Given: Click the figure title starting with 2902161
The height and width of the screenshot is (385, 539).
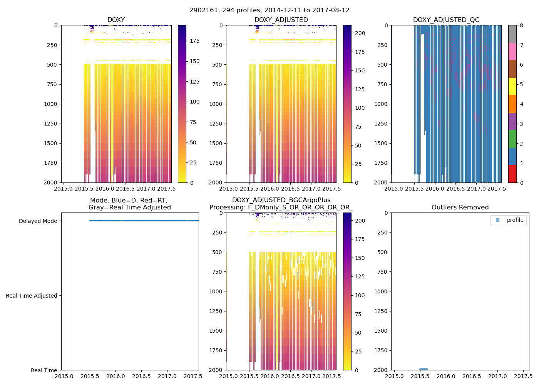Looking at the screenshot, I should pos(269,10).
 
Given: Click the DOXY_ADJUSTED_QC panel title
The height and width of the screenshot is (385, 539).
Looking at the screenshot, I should pos(446,20).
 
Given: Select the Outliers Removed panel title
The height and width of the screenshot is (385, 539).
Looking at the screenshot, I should pos(460,208).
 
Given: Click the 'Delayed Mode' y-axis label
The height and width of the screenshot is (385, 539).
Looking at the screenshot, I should pos(38,221).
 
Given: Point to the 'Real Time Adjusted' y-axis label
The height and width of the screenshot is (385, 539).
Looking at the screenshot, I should pos(31,296).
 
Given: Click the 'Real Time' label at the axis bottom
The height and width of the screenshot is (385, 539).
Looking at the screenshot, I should pos(44,370).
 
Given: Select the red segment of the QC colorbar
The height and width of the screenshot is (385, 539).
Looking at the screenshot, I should pos(512,174).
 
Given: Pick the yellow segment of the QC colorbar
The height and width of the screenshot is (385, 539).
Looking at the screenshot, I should pos(512,87).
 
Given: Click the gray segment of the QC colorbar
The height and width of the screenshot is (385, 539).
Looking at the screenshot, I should pos(512,34).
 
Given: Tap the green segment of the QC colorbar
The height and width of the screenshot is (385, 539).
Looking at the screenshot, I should pos(512,139).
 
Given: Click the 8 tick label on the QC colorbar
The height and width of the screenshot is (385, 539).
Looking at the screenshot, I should pos(521,25).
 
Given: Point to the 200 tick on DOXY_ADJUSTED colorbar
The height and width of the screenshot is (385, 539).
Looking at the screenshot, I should pos(360,33).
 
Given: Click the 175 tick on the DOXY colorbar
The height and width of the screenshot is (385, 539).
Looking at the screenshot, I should pos(194,41).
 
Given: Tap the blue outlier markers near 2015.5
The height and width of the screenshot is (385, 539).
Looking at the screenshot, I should pos(423,369).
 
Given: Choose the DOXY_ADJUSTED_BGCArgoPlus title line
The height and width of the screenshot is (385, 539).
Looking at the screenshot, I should pos(281,200).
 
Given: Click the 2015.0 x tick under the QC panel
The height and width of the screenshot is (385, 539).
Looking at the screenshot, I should pos(393,189).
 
